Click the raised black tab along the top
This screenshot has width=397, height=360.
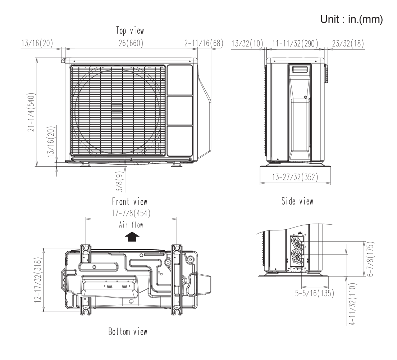[x=303, y=11]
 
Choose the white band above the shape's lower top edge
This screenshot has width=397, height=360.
[x=129, y=11]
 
